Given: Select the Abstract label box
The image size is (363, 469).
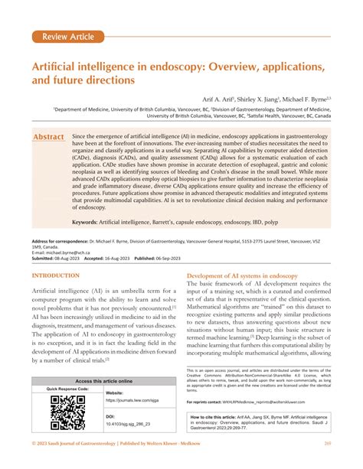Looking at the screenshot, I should (48, 137).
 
